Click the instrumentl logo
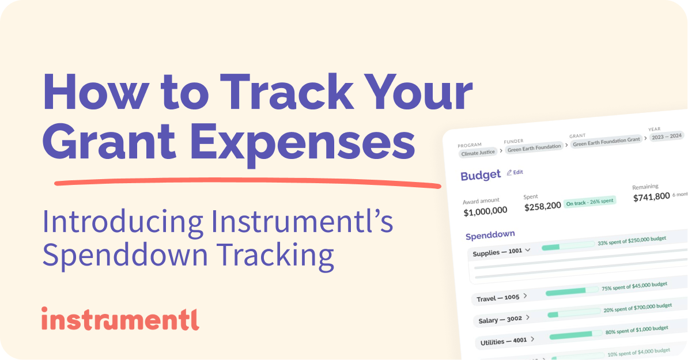(120, 319)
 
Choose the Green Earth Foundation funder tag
(534, 147)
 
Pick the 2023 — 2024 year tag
(666, 137)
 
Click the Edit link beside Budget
(515, 172)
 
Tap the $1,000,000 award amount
(485, 211)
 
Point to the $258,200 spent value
(542, 206)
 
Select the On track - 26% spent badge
(589, 202)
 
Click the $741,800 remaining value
(651, 196)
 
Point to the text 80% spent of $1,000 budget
(637, 330)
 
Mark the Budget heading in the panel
(480, 176)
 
